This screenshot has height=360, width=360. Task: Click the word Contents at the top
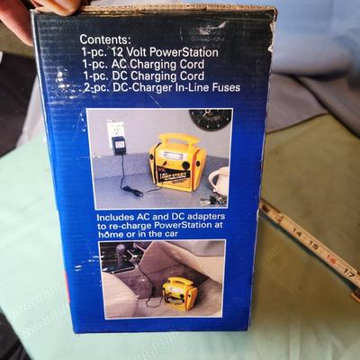pos(105,40)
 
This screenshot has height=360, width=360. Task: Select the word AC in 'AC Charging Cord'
pos(116,65)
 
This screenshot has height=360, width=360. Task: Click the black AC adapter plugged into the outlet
pos(119,145)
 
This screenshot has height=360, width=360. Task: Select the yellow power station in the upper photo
pos(176,161)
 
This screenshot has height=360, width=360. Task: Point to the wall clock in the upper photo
pos(210,120)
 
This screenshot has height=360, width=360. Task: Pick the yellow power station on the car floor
pos(178,292)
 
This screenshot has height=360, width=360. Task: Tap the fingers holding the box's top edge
pos(54,7)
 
